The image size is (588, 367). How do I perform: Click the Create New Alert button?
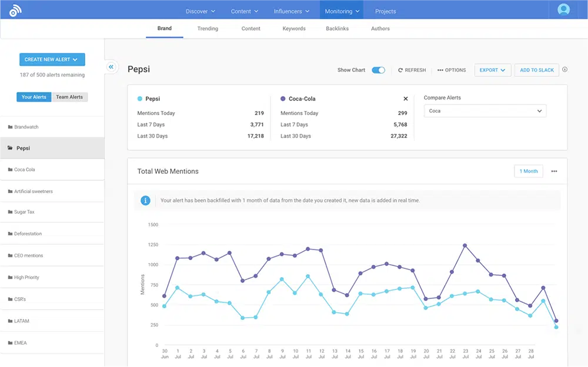(52, 59)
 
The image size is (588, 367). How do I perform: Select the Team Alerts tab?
(69, 97)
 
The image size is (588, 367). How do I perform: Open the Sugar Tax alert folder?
(24, 212)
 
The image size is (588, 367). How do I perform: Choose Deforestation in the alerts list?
(28, 234)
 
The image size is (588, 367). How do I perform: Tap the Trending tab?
(208, 29)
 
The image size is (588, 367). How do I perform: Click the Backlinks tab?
(337, 29)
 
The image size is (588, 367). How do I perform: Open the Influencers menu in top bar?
(292, 11)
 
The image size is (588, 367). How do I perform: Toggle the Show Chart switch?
(379, 70)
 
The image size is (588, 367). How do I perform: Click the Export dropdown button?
(492, 70)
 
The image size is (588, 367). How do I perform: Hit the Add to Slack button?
(537, 70)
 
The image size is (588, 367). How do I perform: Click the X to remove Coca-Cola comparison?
(406, 99)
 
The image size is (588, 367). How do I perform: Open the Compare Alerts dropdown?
(485, 111)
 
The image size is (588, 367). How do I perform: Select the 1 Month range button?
(528, 171)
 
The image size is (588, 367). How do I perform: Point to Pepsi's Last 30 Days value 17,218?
(255, 136)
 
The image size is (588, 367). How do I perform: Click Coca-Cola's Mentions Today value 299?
(402, 113)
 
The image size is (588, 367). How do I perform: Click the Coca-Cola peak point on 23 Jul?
(465, 245)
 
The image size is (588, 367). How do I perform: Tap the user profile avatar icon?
(564, 10)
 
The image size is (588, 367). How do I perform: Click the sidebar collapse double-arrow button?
(111, 67)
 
